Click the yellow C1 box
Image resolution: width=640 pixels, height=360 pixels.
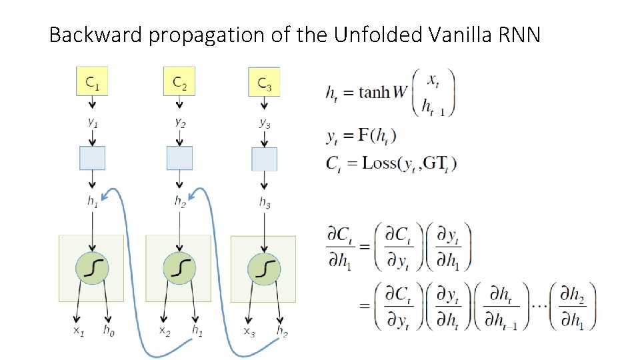[x=93, y=81]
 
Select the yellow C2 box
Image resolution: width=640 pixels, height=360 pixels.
[x=179, y=82]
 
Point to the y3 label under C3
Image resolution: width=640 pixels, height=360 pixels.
[x=265, y=122]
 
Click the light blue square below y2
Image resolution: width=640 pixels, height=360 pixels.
[x=179, y=158]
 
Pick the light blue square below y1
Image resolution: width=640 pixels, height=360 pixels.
[x=93, y=158]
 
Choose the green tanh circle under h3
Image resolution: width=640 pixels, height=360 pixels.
[x=265, y=268]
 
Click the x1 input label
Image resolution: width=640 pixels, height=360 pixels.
[x=78, y=329]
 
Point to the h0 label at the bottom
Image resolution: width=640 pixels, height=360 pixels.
[x=108, y=329]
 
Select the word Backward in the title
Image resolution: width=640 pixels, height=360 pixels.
[x=96, y=34]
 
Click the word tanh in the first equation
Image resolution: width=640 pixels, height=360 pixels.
[x=374, y=92]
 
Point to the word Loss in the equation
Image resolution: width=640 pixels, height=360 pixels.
[x=379, y=163]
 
